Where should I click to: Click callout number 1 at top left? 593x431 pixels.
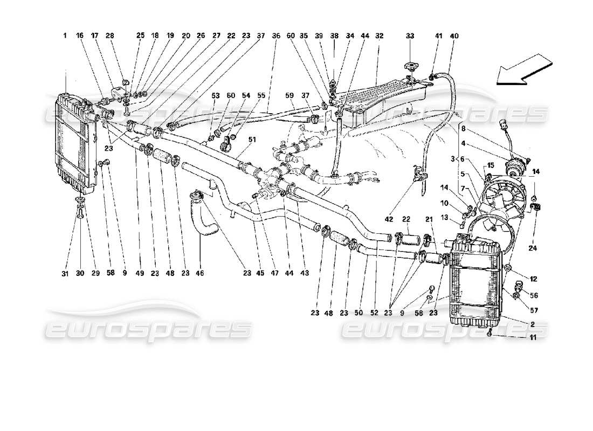(x=65, y=36)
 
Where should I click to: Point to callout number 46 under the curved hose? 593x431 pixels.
(x=200, y=274)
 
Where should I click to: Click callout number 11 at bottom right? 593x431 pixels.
(x=533, y=338)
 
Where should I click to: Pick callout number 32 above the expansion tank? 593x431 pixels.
(x=380, y=36)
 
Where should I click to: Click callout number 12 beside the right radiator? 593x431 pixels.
(x=533, y=279)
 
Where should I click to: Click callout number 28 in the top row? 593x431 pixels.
(x=111, y=36)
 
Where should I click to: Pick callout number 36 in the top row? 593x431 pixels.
(x=277, y=36)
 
